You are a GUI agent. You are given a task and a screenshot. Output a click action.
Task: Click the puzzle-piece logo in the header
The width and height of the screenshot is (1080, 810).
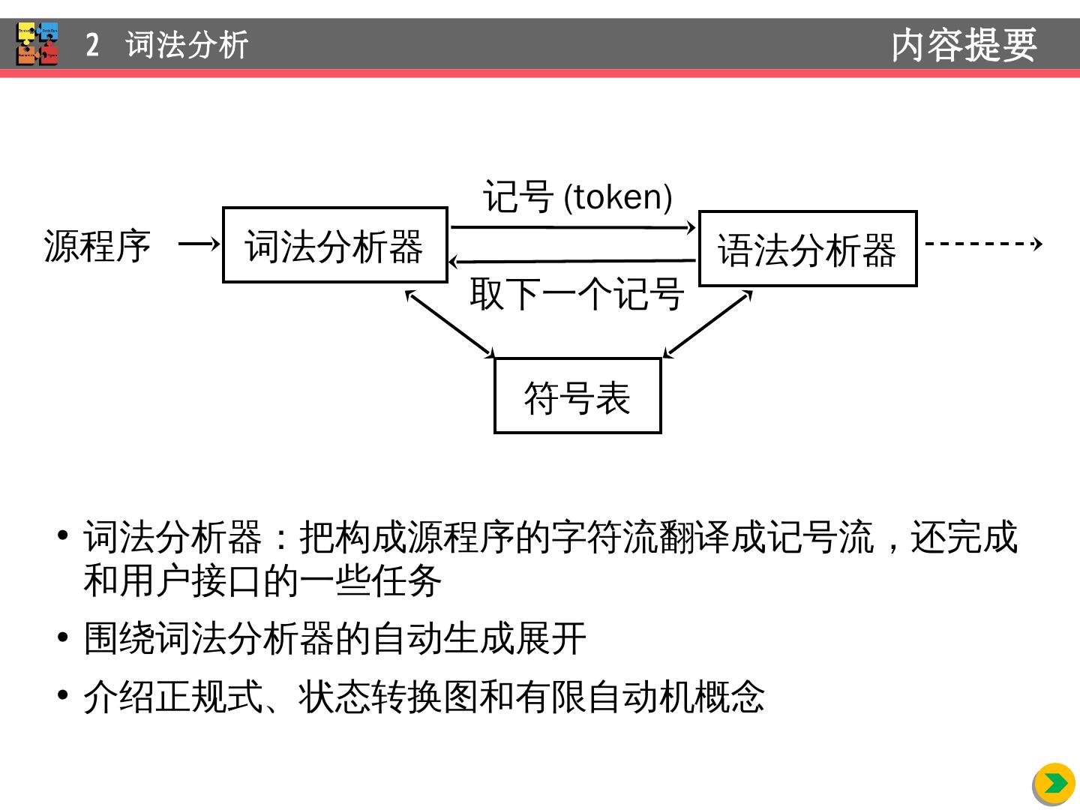coord(37,43)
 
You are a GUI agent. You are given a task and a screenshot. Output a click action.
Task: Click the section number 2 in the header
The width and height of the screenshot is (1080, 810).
coord(92,45)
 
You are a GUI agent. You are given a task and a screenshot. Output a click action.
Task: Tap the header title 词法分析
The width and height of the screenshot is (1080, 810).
coord(187,45)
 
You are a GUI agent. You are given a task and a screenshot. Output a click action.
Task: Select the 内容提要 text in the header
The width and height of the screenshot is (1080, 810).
coord(964,45)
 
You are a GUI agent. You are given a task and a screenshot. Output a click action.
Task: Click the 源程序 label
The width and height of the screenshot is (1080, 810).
coord(97,246)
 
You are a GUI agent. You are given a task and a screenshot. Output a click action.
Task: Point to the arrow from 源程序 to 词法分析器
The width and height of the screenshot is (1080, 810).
coord(199,244)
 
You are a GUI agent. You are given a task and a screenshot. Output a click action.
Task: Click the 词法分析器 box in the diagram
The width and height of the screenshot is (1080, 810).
coord(334,245)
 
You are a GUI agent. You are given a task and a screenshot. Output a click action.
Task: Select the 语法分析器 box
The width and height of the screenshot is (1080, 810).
coord(807,249)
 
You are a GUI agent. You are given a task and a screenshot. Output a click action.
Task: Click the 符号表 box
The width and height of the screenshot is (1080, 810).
coord(577,396)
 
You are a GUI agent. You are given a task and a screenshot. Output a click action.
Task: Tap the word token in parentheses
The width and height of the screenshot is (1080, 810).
coord(617,197)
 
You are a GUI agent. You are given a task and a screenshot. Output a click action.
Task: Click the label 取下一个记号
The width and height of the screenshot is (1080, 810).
coord(576,293)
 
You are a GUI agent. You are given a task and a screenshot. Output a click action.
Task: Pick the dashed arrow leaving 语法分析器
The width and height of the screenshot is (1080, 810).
coord(982,243)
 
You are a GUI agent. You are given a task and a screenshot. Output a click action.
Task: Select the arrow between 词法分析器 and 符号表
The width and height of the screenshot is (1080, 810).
coord(450,323)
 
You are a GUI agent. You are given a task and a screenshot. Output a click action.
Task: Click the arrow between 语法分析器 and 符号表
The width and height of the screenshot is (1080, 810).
coord(708,323)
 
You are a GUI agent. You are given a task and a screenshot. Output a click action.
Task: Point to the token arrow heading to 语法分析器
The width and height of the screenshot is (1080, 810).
coord(574,227)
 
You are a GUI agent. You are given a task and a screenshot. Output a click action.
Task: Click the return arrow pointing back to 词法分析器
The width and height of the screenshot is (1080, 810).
coord(574,261)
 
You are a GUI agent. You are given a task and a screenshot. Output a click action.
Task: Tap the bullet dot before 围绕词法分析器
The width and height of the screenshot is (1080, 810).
coord(63,638)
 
